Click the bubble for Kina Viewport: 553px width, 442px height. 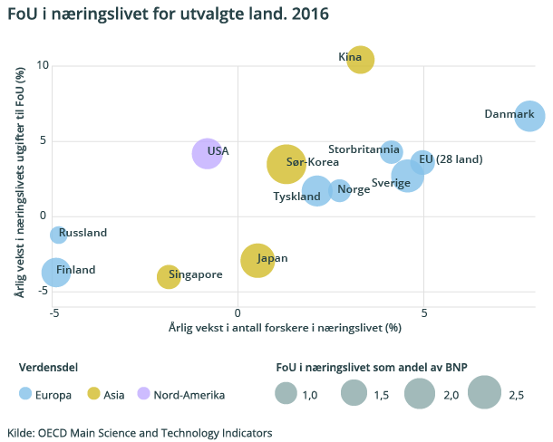click(x=360, y=60)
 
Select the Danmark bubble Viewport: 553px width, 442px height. click(x=529, y=116)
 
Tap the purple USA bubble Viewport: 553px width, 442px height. click(x=208, y=153)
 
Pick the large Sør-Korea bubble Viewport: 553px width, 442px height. click(x=286, y=164)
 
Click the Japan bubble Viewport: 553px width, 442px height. click(x=257, y=261)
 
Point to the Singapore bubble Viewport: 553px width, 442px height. click(x=169, y=276)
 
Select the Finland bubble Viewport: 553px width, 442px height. click(x=56, y=271)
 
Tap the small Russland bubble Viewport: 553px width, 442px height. click(x=58, y=235)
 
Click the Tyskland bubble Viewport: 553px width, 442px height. click(x=317, y=190)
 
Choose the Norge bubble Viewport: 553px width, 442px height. click(x=339, y=190)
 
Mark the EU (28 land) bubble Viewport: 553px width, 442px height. click(x=422, y=162)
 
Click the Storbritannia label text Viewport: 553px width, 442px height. click(x=363, y=149)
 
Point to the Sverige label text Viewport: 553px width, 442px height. click(x=391, y=183)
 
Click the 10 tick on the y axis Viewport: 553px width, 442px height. click(x=42, y=65)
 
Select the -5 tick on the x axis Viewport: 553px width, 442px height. click(x=53, y=312)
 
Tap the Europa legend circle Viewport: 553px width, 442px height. click(x=26, y=394)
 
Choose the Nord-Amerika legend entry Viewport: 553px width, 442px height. click(x=181, y=394)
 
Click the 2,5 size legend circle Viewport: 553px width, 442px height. click(x=486, y=393)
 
